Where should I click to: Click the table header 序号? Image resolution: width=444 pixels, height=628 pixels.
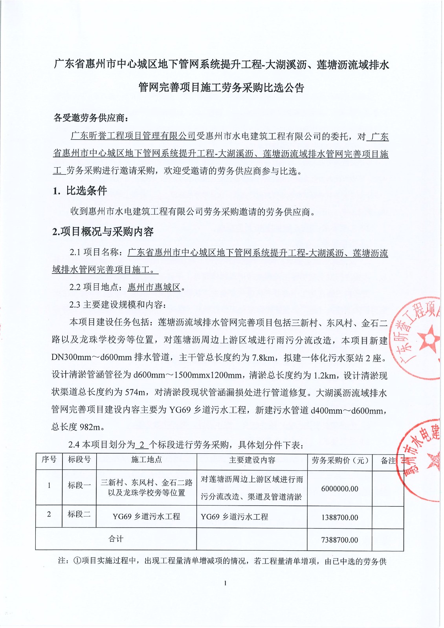(x=49, y=460)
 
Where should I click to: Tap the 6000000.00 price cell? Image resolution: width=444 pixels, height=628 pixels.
(x=339, y=489)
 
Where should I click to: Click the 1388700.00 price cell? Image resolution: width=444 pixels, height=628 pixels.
(x=339, y=517)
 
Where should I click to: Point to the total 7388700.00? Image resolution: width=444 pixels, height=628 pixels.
(x=339, y=540)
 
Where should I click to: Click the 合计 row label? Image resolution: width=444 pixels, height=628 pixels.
(x=116, y=539)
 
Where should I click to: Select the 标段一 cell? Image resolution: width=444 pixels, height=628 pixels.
(x=79, y=486)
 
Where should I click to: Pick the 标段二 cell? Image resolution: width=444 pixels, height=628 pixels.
(x=79, y=514)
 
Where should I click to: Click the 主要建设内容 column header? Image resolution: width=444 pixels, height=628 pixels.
(x=252, y=460)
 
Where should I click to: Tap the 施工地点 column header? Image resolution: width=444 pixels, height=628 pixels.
(x=147, y=460)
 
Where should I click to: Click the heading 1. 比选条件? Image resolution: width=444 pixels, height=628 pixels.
(x=80, y=191)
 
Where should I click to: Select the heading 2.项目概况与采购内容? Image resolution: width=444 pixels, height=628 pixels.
(x=103, y=232)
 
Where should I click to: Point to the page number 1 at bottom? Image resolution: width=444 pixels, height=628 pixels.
(x=225, y=583)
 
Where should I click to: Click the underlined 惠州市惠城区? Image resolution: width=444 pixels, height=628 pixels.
(x=154, y=287)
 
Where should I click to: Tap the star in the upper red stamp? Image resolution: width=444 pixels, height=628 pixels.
(x=428, y=338)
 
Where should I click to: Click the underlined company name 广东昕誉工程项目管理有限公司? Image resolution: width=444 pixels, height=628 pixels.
(x=133, y=136)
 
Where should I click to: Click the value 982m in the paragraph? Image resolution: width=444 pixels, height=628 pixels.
(x=92, y=427)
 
